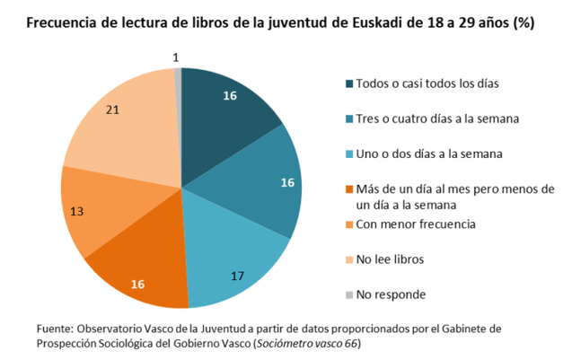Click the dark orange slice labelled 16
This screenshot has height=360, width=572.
[144, 269]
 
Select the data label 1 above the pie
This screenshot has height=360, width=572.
[175, 57]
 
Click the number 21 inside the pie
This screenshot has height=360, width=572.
[112, 110]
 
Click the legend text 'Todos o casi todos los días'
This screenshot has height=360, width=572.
[427, 83]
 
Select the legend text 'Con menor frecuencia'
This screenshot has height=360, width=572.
[415, 224]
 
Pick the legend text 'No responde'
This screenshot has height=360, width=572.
[391, 294]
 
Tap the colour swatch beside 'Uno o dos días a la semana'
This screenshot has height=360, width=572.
[348, 154]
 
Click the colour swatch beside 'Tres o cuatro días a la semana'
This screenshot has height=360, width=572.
[348, 119]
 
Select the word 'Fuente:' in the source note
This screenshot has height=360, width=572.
[56, 327]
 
